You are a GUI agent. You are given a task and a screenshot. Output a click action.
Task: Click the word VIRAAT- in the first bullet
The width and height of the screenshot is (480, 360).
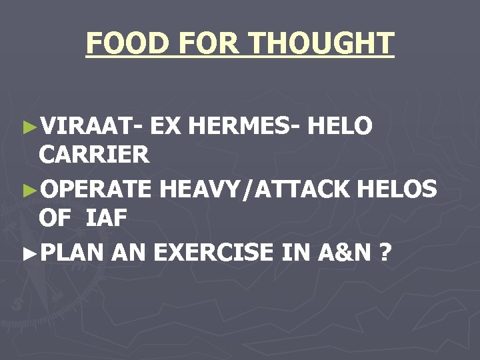pos(91,125)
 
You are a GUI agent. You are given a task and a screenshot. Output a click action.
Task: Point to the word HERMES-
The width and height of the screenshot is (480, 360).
pos(248,125)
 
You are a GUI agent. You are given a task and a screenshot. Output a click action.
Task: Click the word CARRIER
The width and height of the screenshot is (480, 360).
pos(94,155)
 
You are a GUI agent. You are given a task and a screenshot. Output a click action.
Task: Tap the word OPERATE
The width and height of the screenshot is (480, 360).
pos(96,189)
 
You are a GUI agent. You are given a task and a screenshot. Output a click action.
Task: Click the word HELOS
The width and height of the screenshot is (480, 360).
pos(397,189)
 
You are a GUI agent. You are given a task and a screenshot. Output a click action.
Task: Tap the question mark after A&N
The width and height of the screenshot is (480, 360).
pos(385,252)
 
